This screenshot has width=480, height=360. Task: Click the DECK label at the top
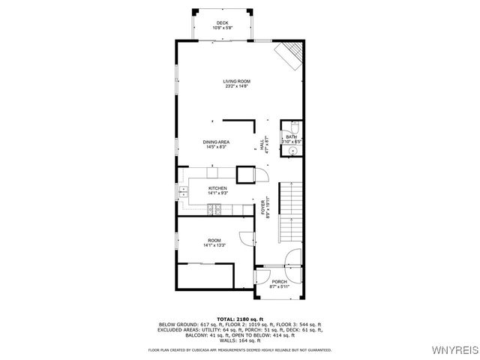[222, 23]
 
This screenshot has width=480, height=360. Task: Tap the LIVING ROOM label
[236, 81]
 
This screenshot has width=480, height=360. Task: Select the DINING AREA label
[216, 142]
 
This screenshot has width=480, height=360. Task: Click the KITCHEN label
[217, 188]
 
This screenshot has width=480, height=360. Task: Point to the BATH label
[291, 136]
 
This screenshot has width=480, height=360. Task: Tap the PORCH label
[279, 282]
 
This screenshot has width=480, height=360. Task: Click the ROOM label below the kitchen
[214, 241]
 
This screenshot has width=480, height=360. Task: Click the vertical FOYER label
[263, 208]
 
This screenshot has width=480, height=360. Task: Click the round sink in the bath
[292, 149]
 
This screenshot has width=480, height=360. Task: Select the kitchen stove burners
[217, 209]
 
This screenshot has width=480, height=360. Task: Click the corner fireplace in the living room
[292, 55]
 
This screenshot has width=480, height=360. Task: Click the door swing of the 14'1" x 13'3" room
[245, 238]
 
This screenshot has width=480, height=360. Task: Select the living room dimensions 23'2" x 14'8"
[236, 86]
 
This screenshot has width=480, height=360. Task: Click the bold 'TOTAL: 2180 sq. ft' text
[240, 319]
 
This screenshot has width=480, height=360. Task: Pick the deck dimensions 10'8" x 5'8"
[222, 28]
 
